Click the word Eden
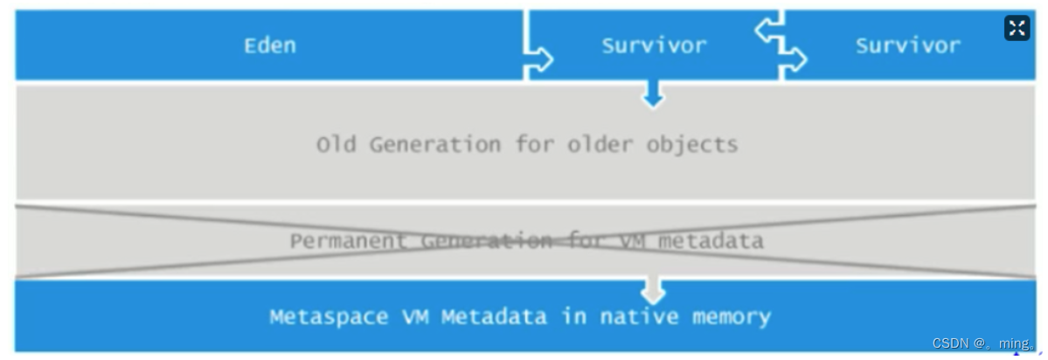pyautogui.click(x=269, y=45)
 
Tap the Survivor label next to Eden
pyautogui.click(x=654, y=45)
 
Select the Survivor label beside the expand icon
pyautogui.click(x=907, y=45)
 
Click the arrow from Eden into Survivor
pyautogui.click(x=540, y=59)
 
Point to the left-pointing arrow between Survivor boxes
pyautogui.click(x=767, y=31)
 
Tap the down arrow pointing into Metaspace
pyautogui.click(x=653, y=291)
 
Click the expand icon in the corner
pyautogui.click(x=1017, y=28)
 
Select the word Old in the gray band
pyautogui.click(x=336, y=144)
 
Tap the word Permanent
pyautogui.click(x=349, y=240)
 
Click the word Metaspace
pyautogui.click(x=323, y=316)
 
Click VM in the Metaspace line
pyautogui.click(x=409, y=316)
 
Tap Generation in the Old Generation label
pyautogui.click(x=436, y=144)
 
